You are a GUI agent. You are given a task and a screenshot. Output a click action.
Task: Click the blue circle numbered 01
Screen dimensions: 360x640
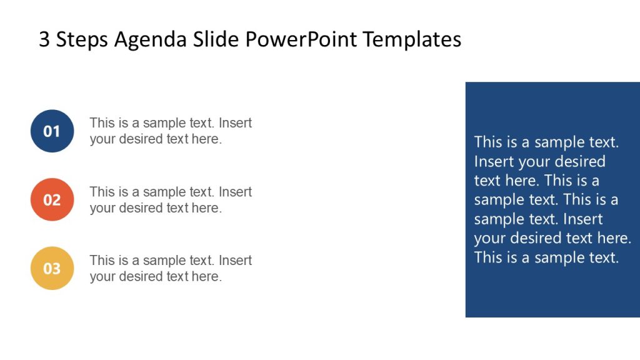[x=52, y=131]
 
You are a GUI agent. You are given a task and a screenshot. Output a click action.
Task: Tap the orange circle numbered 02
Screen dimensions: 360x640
[x=52, y=199]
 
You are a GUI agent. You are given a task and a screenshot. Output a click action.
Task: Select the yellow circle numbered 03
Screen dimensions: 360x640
[x=52, y=268]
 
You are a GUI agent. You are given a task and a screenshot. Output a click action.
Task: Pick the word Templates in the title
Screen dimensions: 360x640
[x=412, y=39]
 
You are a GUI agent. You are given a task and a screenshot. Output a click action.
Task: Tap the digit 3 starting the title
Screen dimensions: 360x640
[x=44, y=39]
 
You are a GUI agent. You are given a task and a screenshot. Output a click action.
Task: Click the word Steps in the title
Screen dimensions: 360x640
[x=82, y=40]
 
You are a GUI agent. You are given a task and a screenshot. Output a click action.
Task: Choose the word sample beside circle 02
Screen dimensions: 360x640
[x=164, y=192]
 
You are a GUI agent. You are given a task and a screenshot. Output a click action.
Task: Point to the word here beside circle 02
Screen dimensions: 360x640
[x=206, y=208]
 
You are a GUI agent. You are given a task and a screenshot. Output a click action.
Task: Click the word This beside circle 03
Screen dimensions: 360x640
[x=102, y=261]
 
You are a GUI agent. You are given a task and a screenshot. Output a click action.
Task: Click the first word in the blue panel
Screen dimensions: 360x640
[x=487, y=142]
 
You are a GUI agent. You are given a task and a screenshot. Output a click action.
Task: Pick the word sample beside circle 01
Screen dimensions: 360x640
[x=164, y=123]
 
